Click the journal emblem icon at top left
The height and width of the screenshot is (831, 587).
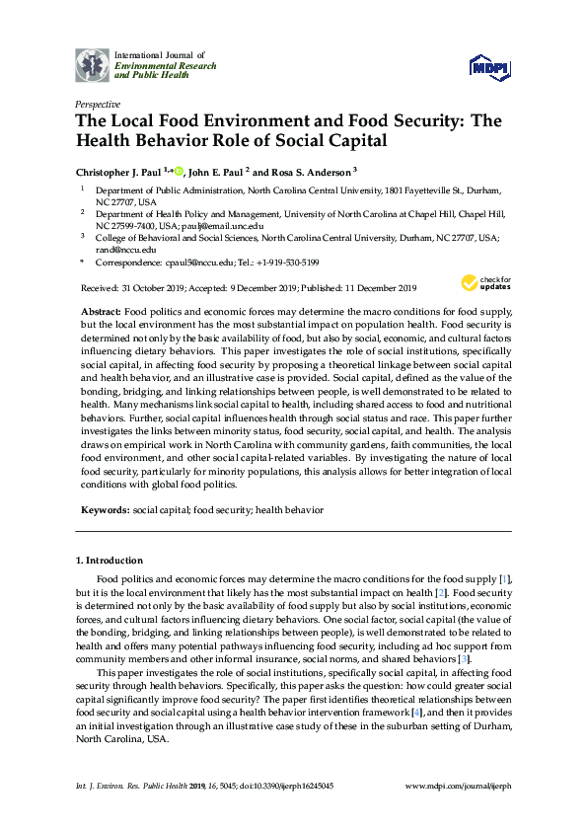tap(94, 65)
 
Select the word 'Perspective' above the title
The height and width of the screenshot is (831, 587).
tap(98, 104)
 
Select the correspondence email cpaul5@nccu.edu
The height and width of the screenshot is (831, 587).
tap(193, 263)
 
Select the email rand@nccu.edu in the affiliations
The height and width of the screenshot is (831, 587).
tap(121, 250)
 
